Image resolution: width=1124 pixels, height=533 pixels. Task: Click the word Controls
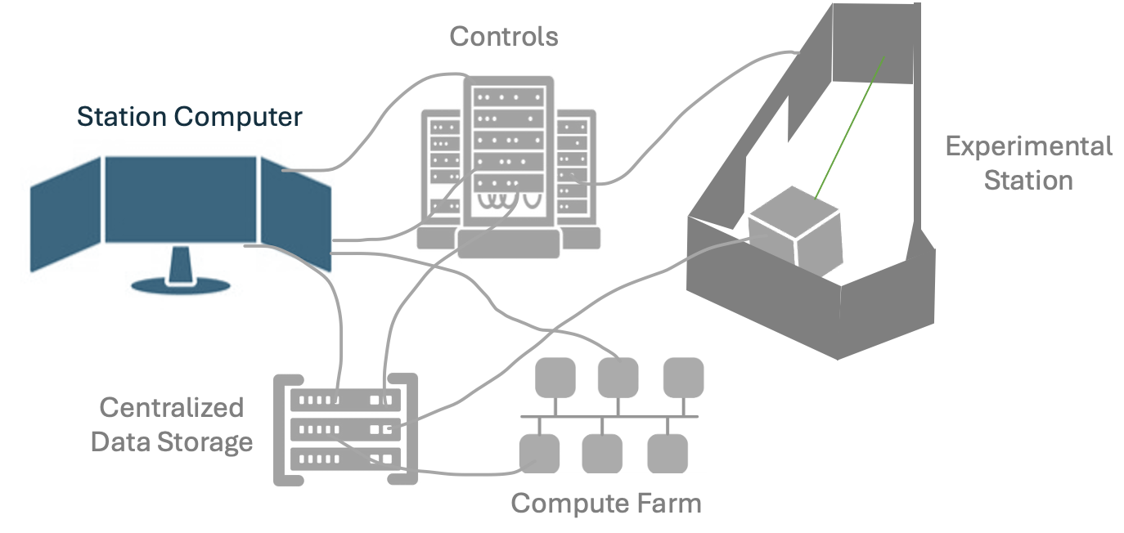tap(504, 37)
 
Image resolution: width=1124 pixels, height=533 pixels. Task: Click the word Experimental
tap(1028, 147)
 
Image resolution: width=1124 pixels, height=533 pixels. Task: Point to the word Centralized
tap(172, 407)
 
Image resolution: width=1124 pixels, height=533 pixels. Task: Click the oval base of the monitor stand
tap(181, 284)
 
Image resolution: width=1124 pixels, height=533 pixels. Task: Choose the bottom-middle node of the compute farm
tap(602, 453)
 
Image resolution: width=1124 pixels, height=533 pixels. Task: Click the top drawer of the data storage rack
tap(346, 400)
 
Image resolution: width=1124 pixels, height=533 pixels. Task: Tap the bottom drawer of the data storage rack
tap(346, 459)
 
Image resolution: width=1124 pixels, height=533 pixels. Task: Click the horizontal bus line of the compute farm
tap(609, 417)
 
